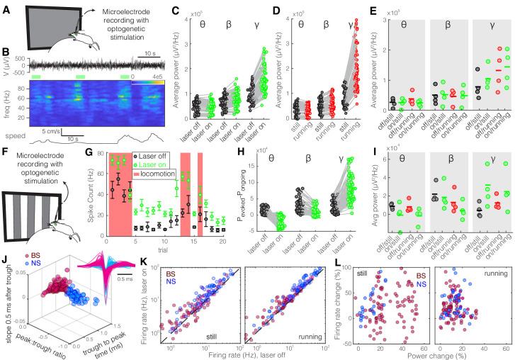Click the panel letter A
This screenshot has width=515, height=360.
point(5,6)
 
